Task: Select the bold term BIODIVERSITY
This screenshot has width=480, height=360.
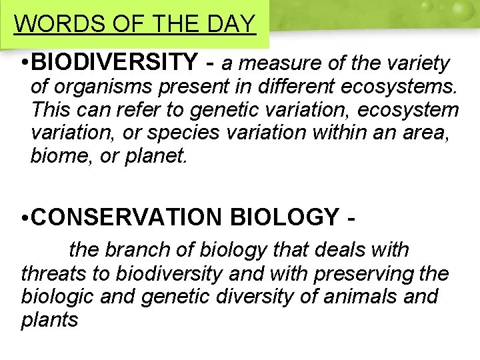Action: click(x=114, y=63)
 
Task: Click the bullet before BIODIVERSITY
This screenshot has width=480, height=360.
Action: click(x=23, y=64)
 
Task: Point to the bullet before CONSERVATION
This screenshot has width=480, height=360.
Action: click(x=23, y=217)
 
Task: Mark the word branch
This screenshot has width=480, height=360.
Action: click(x=139, y=250)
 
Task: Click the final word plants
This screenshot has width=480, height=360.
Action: click(x=49, y=319)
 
